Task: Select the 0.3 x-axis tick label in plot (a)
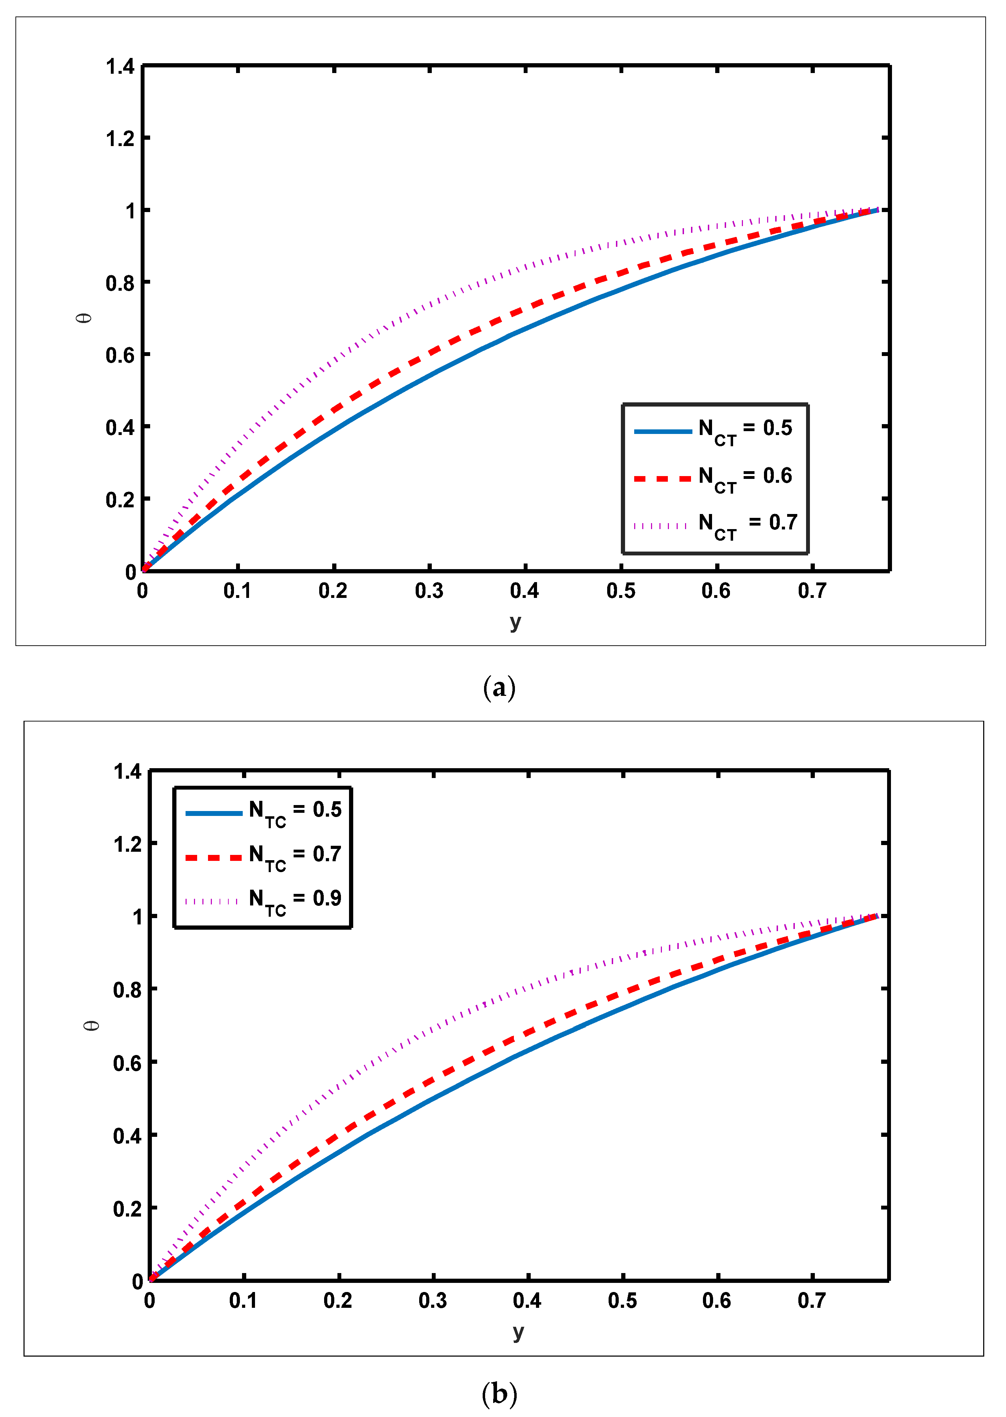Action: click(x=429, y=591)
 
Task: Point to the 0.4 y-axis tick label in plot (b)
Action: click(x=127, y=1135)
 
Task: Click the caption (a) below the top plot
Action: click(x=499, y=688)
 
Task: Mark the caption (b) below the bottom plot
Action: click(x=499, y=1394)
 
